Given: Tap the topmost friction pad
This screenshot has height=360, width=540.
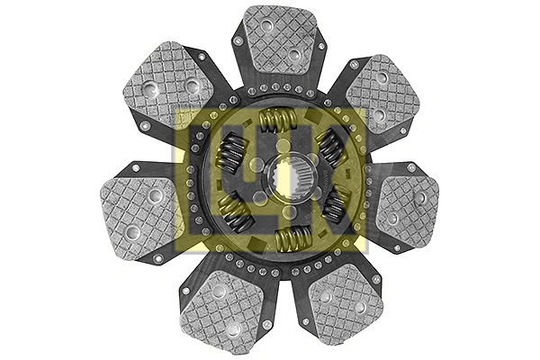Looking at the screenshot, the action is (280, 40).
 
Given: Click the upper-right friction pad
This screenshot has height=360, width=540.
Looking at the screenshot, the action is (382, 94).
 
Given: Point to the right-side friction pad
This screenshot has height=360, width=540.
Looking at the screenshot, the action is (408, 210).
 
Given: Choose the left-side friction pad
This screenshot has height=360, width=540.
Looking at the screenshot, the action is (139, 218).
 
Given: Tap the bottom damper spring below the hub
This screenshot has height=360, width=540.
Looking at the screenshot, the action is (293, 238).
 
